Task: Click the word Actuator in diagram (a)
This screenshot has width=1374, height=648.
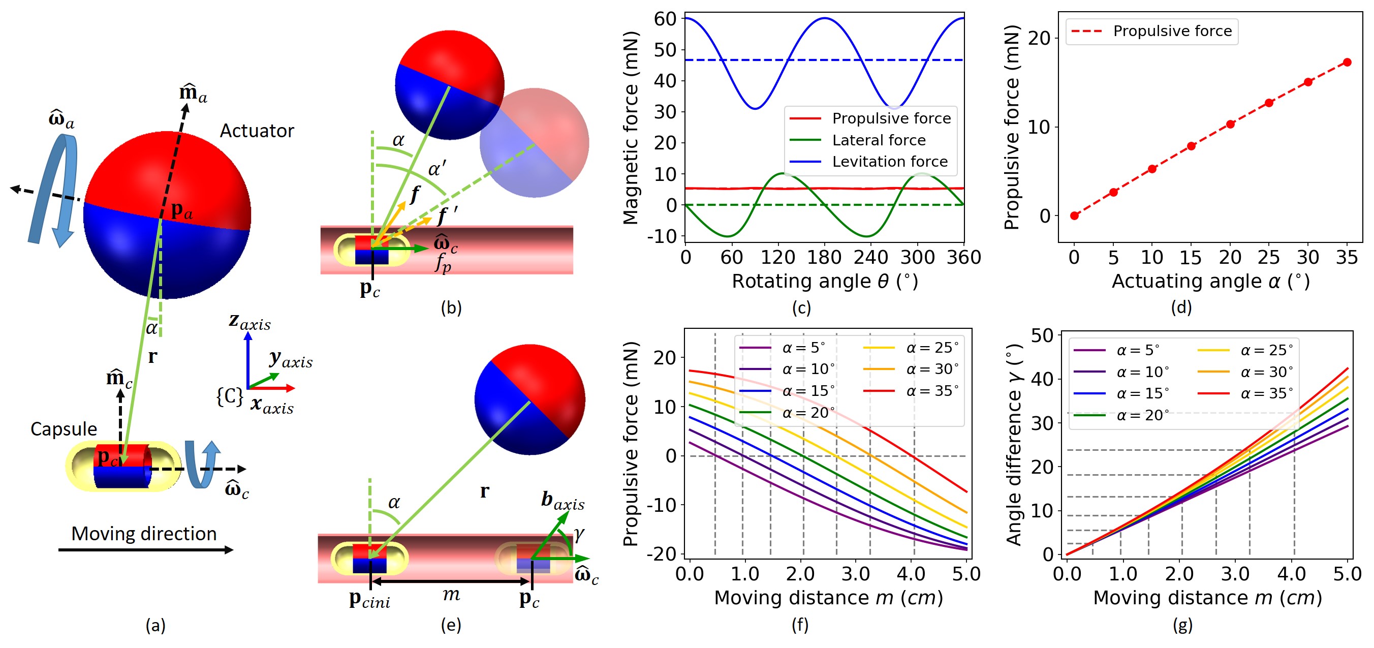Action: (257, 131)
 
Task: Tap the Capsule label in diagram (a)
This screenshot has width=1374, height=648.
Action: (64, 429)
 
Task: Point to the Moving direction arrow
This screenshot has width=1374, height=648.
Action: (145, 549)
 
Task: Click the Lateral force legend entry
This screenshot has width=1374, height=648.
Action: (879, 140)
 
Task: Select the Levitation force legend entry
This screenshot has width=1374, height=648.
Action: (889, 162)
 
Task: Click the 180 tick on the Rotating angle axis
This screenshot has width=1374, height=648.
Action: (824, 258)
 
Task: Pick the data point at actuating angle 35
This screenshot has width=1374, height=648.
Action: (1347, 63)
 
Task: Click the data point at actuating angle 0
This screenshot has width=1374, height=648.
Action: (1074, 215)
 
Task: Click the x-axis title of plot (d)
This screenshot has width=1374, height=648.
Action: (1210, 281)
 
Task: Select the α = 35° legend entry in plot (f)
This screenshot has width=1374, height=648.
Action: (932, 391)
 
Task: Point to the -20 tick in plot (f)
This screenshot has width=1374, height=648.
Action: (662, 554)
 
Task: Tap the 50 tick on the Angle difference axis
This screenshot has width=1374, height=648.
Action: (1042, 335)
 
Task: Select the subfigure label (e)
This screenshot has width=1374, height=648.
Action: (451, 625)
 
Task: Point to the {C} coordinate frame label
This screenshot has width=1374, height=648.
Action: (230, 396)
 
